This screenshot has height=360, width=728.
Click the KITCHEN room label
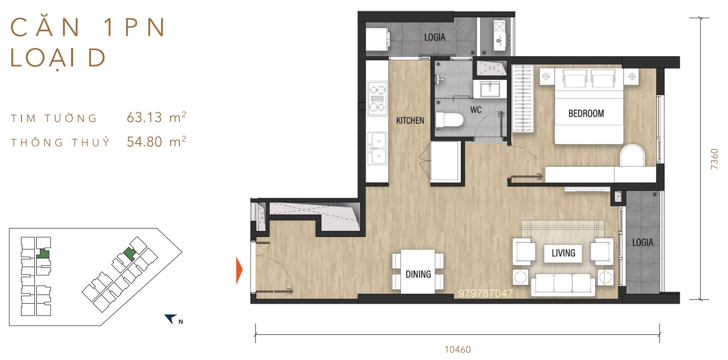click(410, 121)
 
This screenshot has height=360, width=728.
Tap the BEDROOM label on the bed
click(586, 114)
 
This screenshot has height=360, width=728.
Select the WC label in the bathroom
click(476, 110)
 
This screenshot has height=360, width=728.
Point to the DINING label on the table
click(418, 275)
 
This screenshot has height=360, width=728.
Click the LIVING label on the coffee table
click(563, 253)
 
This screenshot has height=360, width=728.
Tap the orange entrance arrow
click(239, 270)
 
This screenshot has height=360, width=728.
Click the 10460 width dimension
click(458, 350)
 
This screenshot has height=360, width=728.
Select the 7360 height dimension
click(714, 159)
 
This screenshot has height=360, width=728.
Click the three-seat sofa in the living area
click(563, 284)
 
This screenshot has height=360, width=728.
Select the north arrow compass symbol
click(171, 319)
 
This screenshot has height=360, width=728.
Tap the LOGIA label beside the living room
click(643, 242)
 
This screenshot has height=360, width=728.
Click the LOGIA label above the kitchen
click(435, 37)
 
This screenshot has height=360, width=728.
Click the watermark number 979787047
click(485, 294)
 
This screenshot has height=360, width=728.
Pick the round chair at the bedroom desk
click(632, 156)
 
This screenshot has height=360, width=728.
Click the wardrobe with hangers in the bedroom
click(522, 99)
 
